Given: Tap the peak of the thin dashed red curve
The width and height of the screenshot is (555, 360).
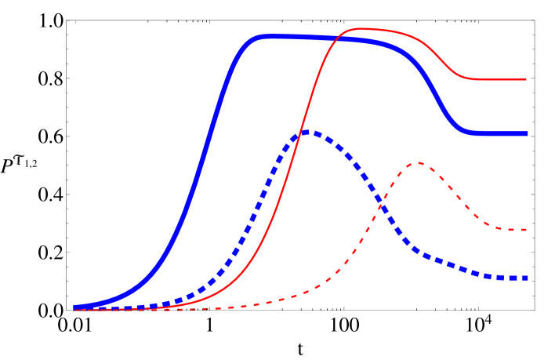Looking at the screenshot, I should point(419,163).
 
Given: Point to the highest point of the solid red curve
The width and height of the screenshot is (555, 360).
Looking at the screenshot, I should point(358,29).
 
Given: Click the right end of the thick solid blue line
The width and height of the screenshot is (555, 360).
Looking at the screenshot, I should point(527,133).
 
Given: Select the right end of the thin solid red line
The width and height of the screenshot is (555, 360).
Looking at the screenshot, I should point(526,79).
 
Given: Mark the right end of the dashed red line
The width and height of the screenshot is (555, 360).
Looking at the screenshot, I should point(526,230).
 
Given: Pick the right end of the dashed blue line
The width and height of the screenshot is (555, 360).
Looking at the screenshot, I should point(527,278).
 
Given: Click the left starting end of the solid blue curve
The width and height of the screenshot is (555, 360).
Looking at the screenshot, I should point(75,307).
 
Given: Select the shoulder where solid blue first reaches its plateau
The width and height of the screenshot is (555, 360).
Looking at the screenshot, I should point(260,37).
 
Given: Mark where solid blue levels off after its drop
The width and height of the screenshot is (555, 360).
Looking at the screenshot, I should point(472,133).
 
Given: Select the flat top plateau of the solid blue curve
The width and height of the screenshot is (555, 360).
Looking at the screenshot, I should point(314,38).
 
